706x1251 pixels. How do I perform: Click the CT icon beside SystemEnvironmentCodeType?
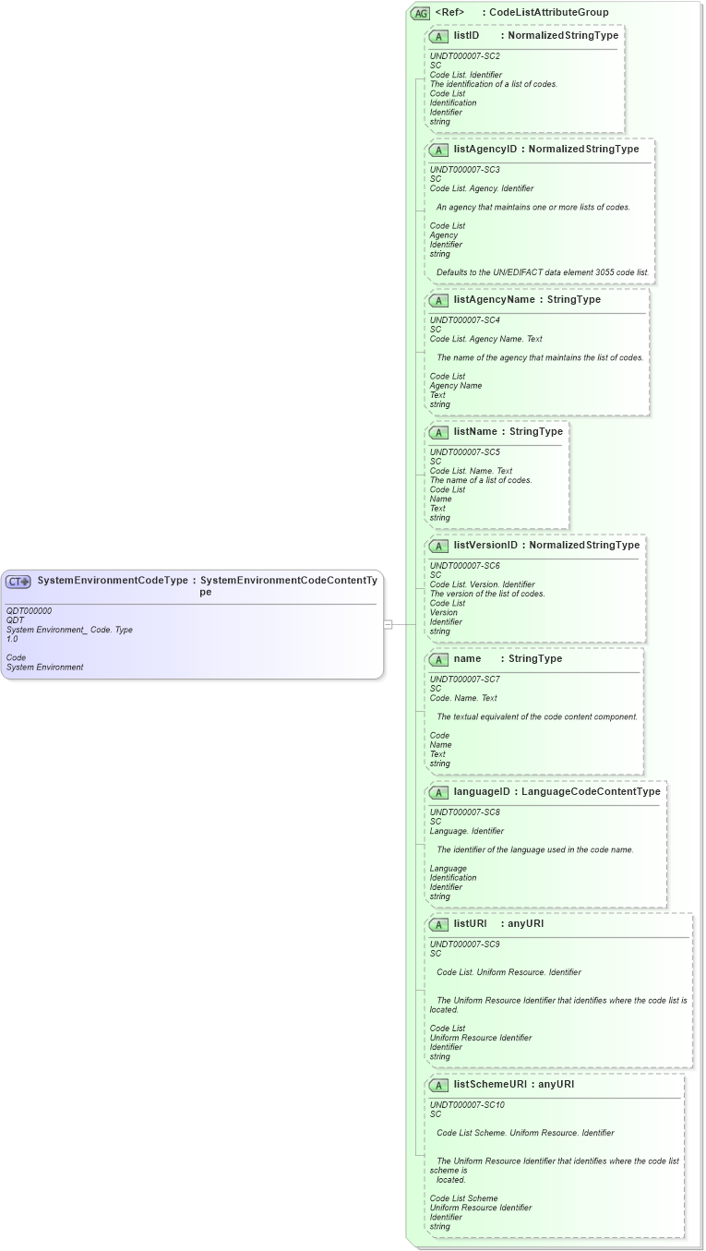tap(18, 582)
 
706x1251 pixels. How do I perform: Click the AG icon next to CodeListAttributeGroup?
tap(421, 13)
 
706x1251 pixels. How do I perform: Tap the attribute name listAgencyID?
tap(485, 149)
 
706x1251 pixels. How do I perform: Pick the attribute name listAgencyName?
tap(494, 299)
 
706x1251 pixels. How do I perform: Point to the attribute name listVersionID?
tap(485, 545)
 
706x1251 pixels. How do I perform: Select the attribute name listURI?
tap(470, 923)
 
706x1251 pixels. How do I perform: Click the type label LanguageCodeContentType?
tap(592, 791)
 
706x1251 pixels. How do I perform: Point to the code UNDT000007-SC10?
tap(467, 1104)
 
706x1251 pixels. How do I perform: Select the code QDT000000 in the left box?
tap(29, 610)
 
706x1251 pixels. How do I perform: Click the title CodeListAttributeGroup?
tap(549, 13)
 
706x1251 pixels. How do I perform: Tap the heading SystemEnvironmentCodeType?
tap(113, 581)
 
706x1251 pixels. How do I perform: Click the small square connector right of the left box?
tap(388, 624)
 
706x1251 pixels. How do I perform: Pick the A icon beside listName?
tap(439, 432)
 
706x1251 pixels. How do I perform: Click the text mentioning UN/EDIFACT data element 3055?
tap(543, 273)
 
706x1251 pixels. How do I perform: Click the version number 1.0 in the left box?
tap(12, 639)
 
